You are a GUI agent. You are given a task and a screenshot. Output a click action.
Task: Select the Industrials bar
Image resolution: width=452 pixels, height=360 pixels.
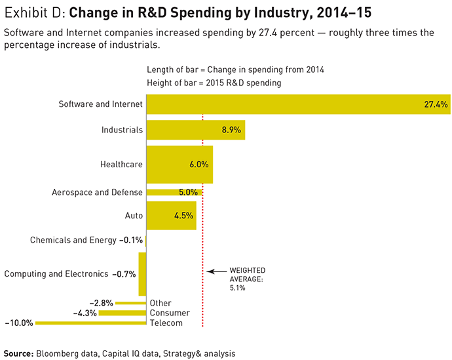[195, 130]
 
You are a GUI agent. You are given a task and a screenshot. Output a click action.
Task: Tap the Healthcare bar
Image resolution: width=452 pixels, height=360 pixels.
[179, 165]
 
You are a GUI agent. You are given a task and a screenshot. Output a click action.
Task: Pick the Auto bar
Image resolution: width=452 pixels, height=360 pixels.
[171, 215]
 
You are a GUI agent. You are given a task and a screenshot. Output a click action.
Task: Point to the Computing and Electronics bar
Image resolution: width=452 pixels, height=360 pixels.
[142, 273]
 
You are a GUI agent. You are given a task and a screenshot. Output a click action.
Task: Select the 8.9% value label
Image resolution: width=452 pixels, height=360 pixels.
[232, 130]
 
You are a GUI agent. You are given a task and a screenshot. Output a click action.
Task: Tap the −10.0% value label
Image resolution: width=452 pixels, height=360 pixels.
[18, 323]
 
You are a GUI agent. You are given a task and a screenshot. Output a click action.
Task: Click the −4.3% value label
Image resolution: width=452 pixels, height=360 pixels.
[85, 313]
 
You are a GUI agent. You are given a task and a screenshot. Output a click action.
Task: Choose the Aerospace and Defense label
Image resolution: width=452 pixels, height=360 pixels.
[97, 192]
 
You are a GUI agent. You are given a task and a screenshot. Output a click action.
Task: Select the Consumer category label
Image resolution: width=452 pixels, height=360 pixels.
[169, 313]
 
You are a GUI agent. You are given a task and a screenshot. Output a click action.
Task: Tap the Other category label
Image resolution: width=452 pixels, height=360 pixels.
[160, 303]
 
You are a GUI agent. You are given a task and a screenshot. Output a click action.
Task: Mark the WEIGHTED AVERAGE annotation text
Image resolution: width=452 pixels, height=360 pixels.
[246, 279]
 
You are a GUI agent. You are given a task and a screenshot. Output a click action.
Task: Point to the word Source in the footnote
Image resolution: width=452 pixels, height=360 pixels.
[18, 353]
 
